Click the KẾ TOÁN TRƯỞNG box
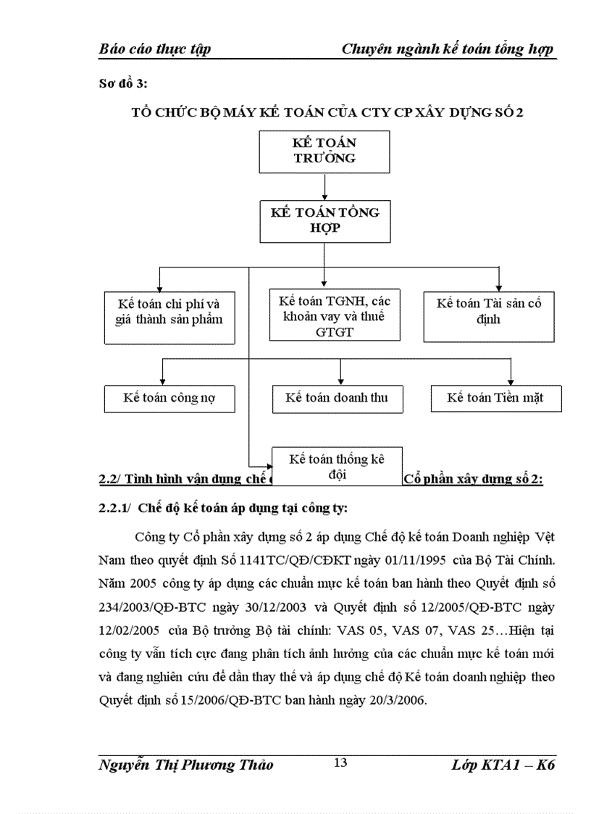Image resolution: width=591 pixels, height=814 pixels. point(324,151)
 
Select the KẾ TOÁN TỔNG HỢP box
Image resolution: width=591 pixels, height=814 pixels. point(324,220)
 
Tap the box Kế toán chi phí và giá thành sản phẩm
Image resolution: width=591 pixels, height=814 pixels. point(169,317)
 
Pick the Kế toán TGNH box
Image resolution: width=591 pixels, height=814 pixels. point(335,316)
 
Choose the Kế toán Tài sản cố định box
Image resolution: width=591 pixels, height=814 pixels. point(489,317)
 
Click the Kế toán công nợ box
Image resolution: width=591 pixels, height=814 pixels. point(169,398)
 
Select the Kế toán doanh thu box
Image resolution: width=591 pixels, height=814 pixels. point(336,398)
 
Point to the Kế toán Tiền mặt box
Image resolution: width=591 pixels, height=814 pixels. point(495,398)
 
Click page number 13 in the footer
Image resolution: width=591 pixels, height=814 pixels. point(340,762)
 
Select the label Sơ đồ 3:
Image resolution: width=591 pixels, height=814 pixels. point(122,85)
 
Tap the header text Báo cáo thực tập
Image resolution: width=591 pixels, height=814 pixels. point(154,49)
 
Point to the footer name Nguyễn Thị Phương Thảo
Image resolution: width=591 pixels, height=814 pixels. point(186,765)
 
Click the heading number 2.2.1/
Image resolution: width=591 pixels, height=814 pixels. point(114,508)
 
